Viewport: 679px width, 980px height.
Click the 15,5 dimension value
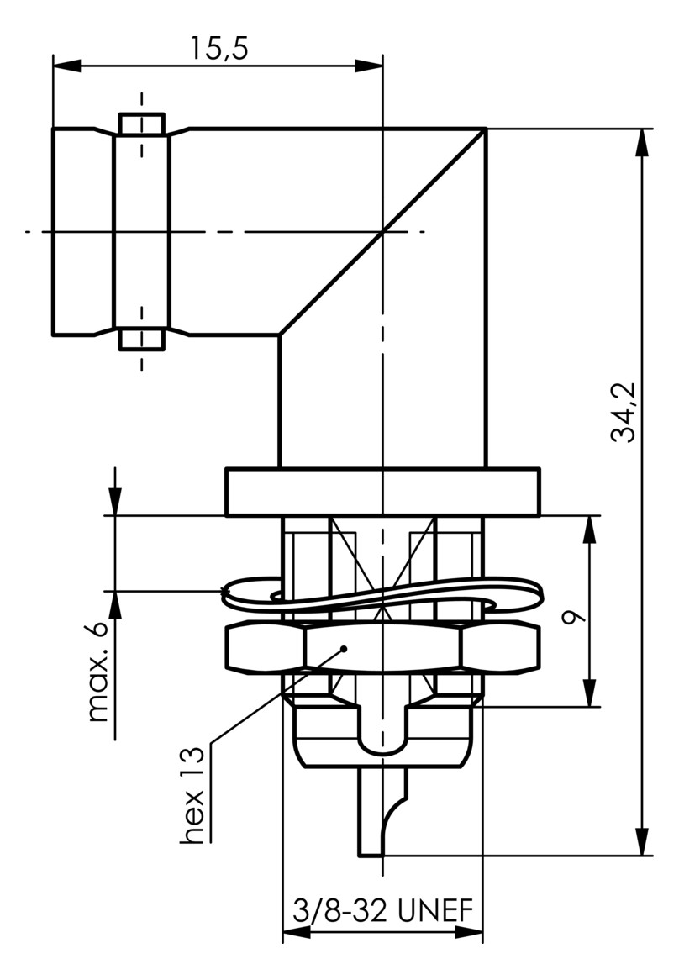218,49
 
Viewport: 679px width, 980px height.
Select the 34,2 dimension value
623,413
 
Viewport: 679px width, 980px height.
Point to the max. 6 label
98,672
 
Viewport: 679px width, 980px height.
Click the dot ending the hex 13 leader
343,649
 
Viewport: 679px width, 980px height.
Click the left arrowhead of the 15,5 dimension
67,65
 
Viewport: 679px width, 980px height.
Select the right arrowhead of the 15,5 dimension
369,65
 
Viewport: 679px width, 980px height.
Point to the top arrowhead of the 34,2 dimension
642,143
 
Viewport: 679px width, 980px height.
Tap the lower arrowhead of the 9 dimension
589,693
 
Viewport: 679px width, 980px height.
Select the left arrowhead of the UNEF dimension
297,932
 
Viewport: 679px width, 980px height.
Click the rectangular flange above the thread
383,492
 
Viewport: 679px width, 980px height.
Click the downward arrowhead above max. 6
115,501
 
